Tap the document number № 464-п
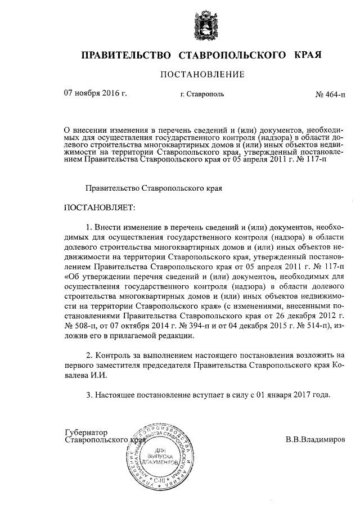click(x=330, y=94)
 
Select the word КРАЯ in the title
click(x=308, y=55)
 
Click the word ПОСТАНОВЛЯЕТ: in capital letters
click(x=100, y=208)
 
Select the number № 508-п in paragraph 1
click(x=82, y=326)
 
